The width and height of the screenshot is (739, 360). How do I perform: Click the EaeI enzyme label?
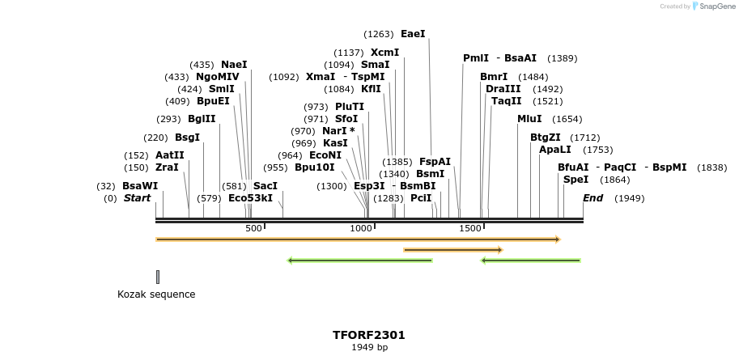pyautogui.click(x=413, y=34)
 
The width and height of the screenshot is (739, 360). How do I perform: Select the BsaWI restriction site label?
pyautogui.click(x=140, y=186)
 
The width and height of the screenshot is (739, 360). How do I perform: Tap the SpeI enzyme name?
pyautogui.click(x=575, y=180)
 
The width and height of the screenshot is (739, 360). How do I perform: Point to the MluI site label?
pyautogui.click(x=529, y=119)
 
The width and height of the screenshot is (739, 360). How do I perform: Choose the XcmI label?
pyautogui.click(x=384, y=53)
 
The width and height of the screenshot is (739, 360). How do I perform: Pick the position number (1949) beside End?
pyautogui.click(x=629, y=198)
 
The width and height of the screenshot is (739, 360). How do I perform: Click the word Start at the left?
pyautogui.click(x=137, y=198)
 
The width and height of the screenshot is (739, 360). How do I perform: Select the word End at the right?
pyautogui.click(x=592, y=198)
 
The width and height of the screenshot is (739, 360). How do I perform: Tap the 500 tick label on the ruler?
pyautogui.click(x=253, y=229)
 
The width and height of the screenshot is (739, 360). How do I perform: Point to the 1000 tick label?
pyautogui.click(x=360, y=229)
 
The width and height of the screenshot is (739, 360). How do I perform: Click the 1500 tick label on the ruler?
pyautogui.click(x=470, y=229)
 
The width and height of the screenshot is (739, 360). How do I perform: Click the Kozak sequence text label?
pyautogui.click(x=156, y=294)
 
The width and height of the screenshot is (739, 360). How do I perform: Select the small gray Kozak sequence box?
pyautogui.click(x=158, y=277)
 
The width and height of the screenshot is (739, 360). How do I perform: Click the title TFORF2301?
pyautogui.click(x=368, y=335)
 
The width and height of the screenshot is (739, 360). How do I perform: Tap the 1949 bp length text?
pyautogui.click(x=368, y=348)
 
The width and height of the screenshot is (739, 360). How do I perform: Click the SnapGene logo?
pyautogui.click(x=713, y=6)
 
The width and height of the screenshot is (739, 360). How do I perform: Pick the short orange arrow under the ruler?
pyautogui.click(x=452, y=250)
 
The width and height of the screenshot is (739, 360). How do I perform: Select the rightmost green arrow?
pyautogui.click(x=530, y=260)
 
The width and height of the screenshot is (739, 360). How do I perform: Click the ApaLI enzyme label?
pyautogui.click(x=554, y=150)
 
